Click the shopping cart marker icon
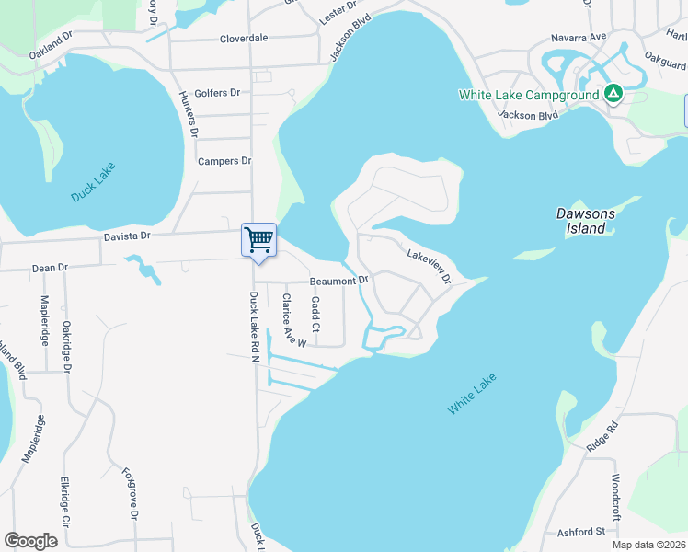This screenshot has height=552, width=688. [258, 239]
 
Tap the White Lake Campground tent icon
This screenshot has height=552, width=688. [613, 94]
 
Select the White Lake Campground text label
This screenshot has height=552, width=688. [529, 95]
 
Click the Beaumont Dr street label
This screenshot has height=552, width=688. [338, 280]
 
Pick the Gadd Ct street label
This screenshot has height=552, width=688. [315, 315]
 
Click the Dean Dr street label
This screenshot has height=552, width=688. [51, 268]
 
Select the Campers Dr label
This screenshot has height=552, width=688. [224, 161]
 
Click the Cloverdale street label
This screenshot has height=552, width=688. [244, 39]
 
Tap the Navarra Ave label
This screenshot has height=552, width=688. [584, 36]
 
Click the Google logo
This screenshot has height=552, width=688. [31, 540]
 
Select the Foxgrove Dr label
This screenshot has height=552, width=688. [130, 493]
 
